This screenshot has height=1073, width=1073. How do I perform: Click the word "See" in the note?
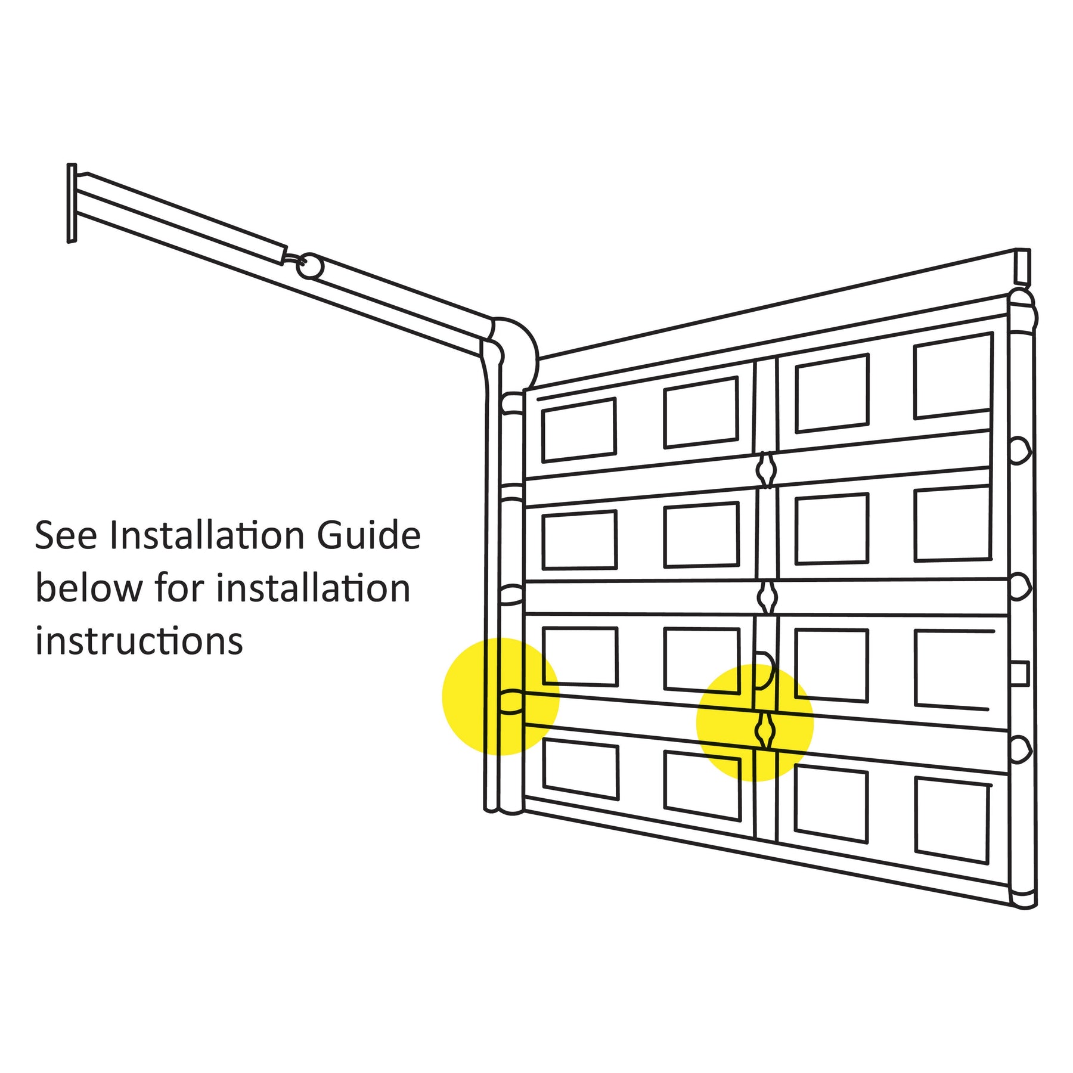tap(66, 535)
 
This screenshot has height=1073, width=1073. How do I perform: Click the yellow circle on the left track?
tap(501, 696)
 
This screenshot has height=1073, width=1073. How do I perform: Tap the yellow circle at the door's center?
tap(755, 722)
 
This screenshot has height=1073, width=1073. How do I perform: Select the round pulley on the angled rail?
tap(310, 266)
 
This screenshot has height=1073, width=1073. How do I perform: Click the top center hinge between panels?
tap(766, 470)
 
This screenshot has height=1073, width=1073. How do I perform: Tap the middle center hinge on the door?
tap(767, 596)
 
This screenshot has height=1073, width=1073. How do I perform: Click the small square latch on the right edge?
tap(1020, 674)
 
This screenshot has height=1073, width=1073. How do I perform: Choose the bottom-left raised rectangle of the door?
tap(581, 768)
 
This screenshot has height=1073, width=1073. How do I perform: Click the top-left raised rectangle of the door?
tap(578, 430)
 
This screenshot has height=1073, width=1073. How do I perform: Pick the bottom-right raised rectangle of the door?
tap(952, 820)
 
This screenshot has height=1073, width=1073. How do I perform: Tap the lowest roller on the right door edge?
tap(1020, 750)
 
